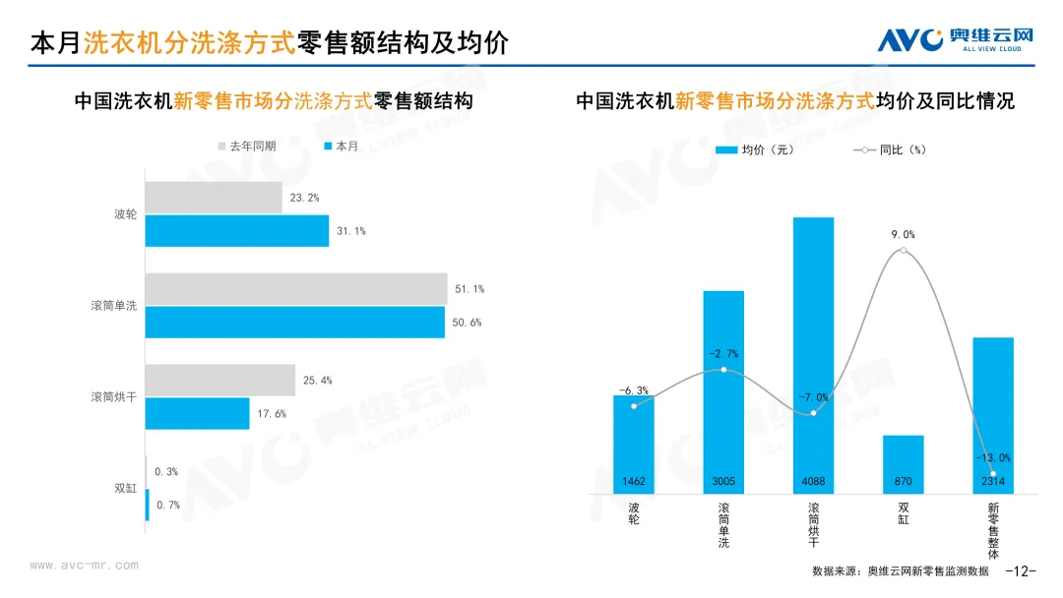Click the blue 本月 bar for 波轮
tap(236, 231)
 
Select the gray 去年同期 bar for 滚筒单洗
tap(295, 289)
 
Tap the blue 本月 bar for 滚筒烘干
tap(197, 413)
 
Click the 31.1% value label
tap(351, 231)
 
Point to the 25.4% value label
tap(318, 380)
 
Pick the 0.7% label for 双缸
tap(167, 506)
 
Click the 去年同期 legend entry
tap(247, 146)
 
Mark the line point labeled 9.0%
tap(904, 251)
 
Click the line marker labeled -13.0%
tap(993, 473)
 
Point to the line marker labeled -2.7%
tap(723, 370)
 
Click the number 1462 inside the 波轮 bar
tap(634, 482)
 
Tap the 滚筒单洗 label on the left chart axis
tap(114, 306)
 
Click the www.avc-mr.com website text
tap(84, 566)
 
